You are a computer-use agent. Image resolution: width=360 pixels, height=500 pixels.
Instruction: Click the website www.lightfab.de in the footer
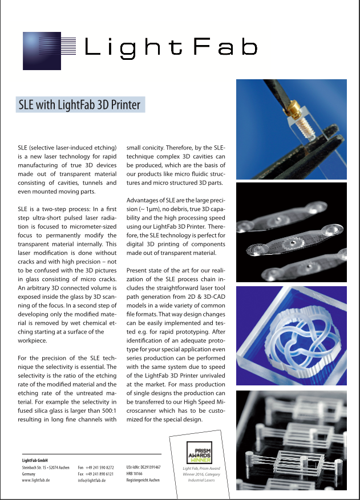pyautogui.click(x=36, y=481)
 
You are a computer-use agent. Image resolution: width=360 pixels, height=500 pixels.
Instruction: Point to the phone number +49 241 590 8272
pyautogui.click(x=100, y=468)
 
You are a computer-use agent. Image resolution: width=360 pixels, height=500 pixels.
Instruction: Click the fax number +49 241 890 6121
pyautogui.click(x=100, y=474)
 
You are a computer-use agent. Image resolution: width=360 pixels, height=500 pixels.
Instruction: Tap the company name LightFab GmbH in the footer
pyautogui.click(x=34, y=460)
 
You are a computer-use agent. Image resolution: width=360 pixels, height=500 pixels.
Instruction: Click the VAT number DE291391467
pyautogui.click(x=147, y=467)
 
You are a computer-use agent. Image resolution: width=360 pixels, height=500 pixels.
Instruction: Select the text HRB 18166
pyautogui.click(x=136, y=474)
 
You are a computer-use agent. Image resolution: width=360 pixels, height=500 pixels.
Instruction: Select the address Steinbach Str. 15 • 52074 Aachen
pyautogui.click(x=46, y=468)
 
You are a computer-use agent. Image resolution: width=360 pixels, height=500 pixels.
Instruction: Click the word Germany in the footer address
pyautogui.click(x=29, y=474)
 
